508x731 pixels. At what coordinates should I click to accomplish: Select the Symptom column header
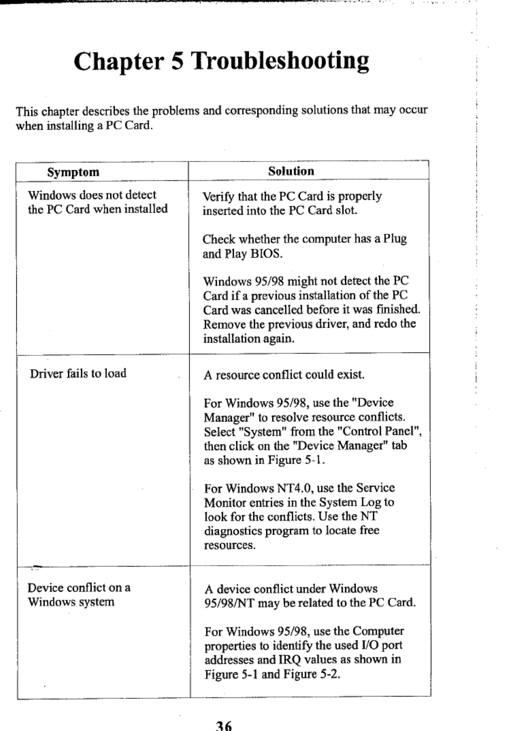click(73, 172)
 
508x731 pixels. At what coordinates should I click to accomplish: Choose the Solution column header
click(291, 171)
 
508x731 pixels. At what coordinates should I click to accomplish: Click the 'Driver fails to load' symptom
click(78, 373)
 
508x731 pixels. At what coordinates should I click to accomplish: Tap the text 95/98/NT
click(229, 603)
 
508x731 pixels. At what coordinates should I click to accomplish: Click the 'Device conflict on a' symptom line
click(79, 588)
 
